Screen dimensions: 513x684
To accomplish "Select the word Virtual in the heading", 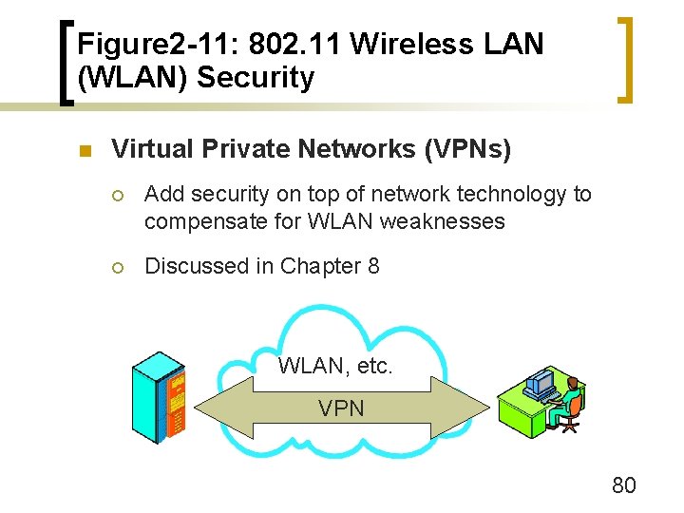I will (x=148, y=149).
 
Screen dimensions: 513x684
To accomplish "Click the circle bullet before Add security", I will (x=118, y=196).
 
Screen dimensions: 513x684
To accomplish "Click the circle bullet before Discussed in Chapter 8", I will (x=118, y=268).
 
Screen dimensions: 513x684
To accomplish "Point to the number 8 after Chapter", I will (x=372, y=266).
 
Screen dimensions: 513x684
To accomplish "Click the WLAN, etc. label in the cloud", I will (x=335, y=366).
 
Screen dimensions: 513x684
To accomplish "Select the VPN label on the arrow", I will (x=341, y=408).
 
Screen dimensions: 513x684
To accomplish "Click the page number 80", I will (x=624, y=485).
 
